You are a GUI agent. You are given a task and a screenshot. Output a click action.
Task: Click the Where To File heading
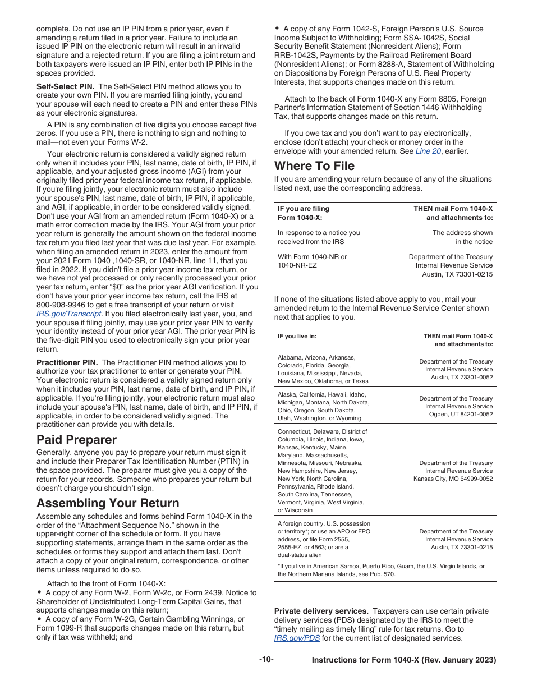(x=314, y=166)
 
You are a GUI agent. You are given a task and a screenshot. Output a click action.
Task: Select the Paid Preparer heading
(x=76, y=439)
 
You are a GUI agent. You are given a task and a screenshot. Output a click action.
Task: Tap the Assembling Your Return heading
(x=108, y=503)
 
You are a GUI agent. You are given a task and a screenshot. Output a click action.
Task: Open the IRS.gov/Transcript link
(x=69, y=314)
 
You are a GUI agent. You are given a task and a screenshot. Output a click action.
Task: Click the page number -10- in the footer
(x=266, y=660)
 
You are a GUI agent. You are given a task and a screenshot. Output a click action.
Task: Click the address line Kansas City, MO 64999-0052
(x=453, y=479)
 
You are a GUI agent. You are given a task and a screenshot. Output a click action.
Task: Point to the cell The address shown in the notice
(x=462, y=237)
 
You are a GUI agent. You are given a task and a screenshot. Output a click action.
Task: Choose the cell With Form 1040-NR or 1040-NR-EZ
(x=312, y=261)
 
